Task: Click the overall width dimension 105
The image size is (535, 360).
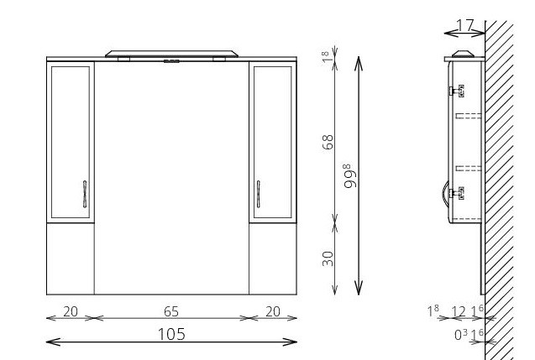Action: (171, 334)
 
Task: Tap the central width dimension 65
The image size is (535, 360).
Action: (171, 311)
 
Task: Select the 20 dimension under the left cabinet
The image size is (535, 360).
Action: (71, 311)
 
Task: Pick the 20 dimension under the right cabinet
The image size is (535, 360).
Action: (273, 311)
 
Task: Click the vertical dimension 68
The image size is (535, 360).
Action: (328, 142)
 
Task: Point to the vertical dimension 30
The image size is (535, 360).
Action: (328, 258)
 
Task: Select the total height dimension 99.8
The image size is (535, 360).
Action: (350, 176)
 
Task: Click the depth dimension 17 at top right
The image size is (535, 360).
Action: (465, 25)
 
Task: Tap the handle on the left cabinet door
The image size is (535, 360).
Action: (85, 194)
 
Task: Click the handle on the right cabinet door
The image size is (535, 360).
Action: (259, 194)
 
